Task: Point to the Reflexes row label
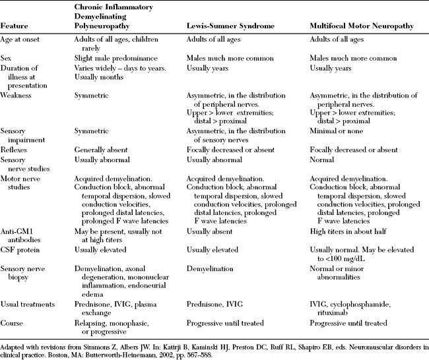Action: pyautogui.click(x=17, y=150)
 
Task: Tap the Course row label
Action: pyautogui.click(x=13, y=323)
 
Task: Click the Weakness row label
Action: pyautogui.click(x=19, y=96)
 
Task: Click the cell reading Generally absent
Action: pyautogui.click(x=103, y=150)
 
